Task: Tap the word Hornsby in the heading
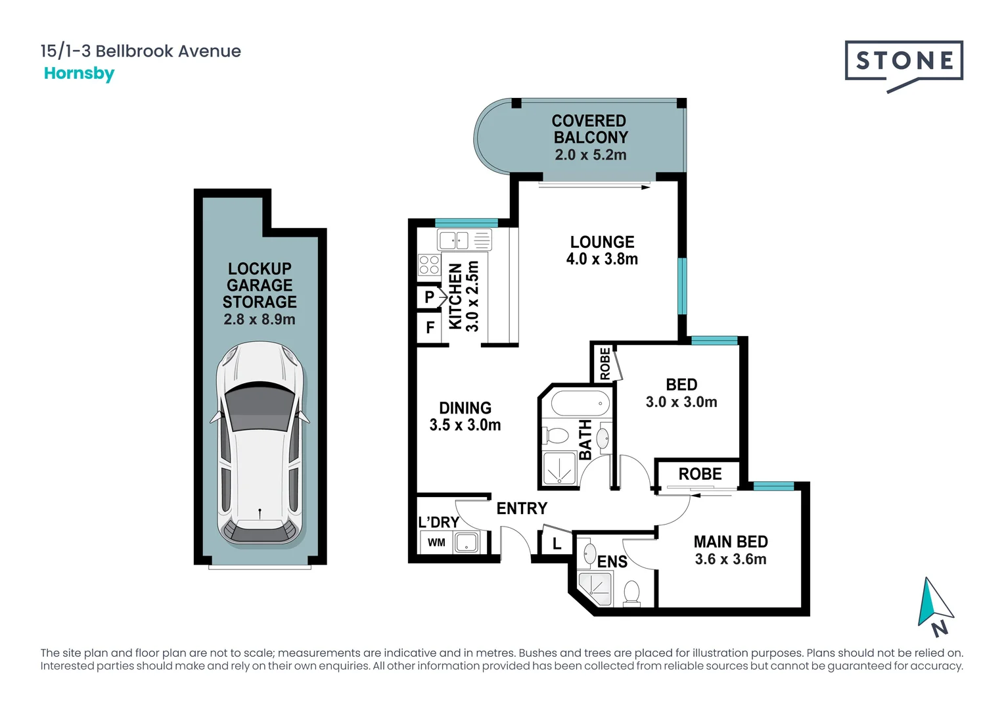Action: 80,74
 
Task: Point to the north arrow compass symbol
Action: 935,606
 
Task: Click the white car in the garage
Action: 260,443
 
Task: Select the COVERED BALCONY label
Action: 590,129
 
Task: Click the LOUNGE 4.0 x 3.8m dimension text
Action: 602,259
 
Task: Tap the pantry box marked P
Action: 429,297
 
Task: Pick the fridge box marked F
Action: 429,328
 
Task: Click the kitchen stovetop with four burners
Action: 429,264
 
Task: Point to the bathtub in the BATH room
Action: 580,403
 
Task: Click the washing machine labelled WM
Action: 436,543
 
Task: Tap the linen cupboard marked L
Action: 557,544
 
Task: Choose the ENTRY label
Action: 522,508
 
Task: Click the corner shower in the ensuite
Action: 595,589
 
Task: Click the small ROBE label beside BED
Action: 605,364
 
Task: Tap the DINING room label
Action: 465,408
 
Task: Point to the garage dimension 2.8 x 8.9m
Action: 260,319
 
